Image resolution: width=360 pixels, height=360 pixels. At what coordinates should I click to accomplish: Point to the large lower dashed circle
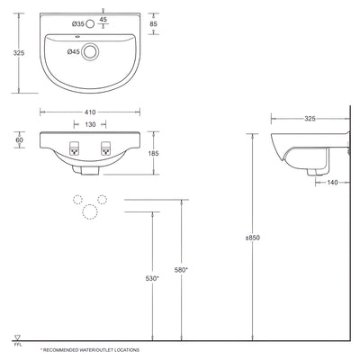tap(90, 211)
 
